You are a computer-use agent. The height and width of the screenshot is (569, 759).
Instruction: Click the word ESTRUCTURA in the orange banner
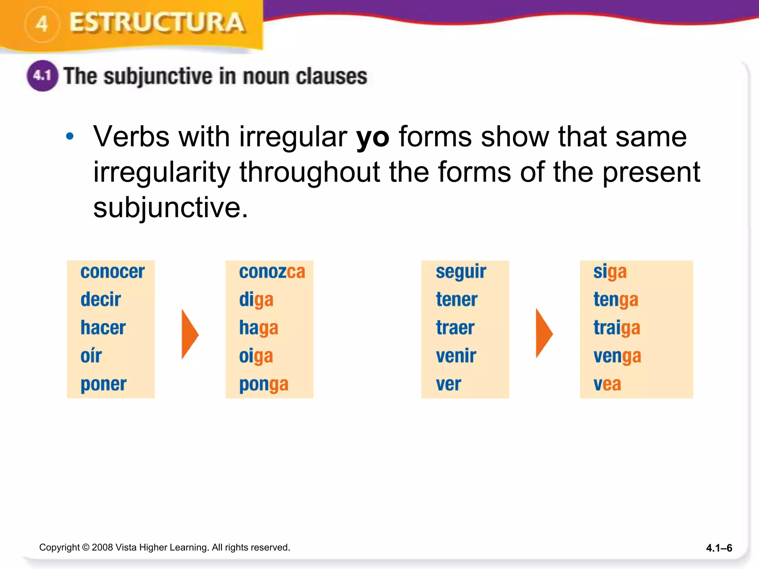(157, 23)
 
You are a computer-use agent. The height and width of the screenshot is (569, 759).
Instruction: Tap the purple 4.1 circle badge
(42, 76)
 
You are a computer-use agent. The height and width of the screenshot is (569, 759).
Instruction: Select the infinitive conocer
(112, 272)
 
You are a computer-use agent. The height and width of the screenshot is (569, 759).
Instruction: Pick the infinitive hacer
(103, 328)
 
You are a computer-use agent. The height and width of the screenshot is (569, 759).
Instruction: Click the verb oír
(91, 356)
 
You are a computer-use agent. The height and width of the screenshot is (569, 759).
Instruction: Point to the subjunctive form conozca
(272, 272)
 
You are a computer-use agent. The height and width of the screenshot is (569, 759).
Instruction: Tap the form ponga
(264, 385)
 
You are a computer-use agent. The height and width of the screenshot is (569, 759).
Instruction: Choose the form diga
(256, 300)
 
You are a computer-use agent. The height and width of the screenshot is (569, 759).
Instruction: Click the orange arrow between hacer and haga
(190, 334)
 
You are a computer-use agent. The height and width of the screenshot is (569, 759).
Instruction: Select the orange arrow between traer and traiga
(544, 333)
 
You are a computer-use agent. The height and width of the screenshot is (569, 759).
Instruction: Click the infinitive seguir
(461, 272)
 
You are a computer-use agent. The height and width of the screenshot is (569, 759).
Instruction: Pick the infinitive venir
(456, 356)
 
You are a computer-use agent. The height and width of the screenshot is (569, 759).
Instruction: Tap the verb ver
(448, 384)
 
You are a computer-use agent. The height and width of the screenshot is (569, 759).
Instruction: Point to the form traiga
(617, 328)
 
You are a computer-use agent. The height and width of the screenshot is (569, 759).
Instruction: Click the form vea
(607, 384)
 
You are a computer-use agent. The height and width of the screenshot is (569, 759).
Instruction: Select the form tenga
(616, 300)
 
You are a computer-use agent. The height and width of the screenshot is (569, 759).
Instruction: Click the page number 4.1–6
(719, 548)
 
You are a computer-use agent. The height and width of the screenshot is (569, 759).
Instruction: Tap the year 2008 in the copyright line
(102, 547)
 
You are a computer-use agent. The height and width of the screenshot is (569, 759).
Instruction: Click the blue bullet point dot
(70, 137)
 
